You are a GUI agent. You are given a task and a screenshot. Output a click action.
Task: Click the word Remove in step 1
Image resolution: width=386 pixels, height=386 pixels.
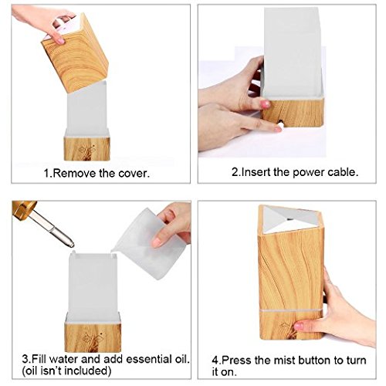point(75,174)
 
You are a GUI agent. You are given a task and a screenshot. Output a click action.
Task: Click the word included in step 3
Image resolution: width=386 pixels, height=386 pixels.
point(87,371)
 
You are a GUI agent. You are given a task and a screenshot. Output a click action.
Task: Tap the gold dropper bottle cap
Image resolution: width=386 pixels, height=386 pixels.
point(24,210)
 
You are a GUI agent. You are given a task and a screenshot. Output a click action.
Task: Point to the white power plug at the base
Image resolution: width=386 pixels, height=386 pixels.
point(281,125)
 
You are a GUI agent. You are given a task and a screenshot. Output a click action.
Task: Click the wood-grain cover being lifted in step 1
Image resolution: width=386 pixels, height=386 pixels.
point(75,53)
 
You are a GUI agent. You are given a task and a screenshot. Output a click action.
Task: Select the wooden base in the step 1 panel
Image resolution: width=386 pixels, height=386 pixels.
point(87,149)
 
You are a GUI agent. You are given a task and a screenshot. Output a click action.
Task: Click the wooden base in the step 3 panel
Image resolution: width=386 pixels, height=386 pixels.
point(93,337)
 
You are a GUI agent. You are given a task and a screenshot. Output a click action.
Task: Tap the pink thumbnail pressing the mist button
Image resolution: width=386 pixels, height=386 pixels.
point(299,327)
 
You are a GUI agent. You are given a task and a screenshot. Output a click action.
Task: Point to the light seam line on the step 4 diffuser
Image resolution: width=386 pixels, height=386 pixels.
point(291,310)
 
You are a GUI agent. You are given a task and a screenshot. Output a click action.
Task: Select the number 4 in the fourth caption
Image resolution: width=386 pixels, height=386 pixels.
point(215,361)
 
